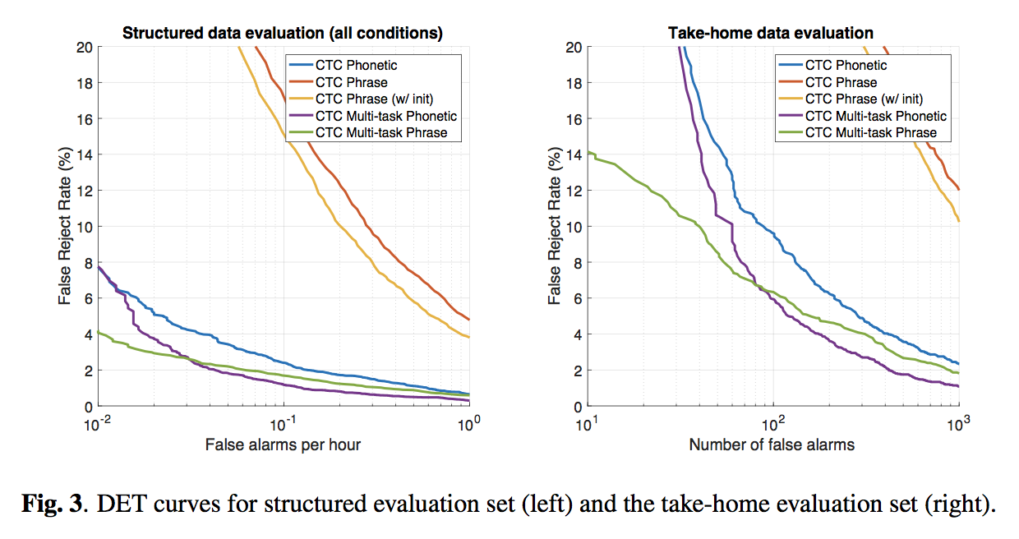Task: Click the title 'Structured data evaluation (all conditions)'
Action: (283, 34)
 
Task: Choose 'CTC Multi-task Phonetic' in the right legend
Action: (875, 116)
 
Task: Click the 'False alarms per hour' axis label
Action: (284, 445)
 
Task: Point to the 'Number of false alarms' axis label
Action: (772, 445)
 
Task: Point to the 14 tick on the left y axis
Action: (83, 154)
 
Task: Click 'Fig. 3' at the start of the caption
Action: (56, 504)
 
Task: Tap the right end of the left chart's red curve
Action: (468, 319)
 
